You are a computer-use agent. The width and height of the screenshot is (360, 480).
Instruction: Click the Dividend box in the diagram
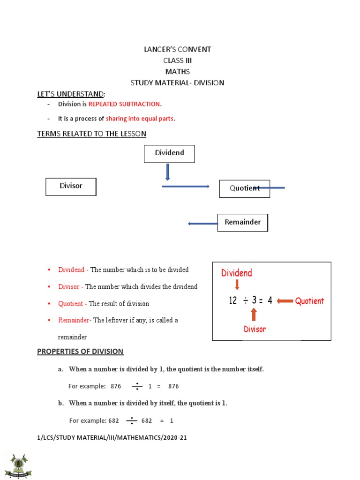[169, 153]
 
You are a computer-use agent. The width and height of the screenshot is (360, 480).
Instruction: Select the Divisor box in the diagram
[71, 186]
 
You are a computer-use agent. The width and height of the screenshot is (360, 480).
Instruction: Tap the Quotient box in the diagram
[244, 188]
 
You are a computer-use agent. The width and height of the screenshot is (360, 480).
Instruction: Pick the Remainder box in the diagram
[242, 222]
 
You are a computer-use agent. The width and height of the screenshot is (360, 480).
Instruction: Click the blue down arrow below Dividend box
[167, 172]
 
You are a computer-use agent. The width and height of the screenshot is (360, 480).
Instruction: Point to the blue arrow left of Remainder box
[202, 224]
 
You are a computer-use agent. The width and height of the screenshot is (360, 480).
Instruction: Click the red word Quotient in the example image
[309, 301]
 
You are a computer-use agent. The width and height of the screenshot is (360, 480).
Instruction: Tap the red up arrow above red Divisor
[254, 314]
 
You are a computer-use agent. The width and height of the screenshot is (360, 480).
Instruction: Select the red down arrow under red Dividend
[237, 285]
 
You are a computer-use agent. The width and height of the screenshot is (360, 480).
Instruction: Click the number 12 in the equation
[233, 301]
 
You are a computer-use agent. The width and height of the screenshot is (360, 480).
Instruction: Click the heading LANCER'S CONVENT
[177, 49]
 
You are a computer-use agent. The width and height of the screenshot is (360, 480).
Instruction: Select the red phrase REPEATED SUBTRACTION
[124, 104]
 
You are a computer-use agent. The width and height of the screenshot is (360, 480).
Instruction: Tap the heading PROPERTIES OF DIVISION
[80, 351]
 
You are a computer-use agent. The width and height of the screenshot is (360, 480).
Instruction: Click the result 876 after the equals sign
[173, 386]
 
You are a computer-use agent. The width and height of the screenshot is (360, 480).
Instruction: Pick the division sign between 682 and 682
[132, 420]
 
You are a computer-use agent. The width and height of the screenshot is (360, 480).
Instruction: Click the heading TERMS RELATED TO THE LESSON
[91, 134]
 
